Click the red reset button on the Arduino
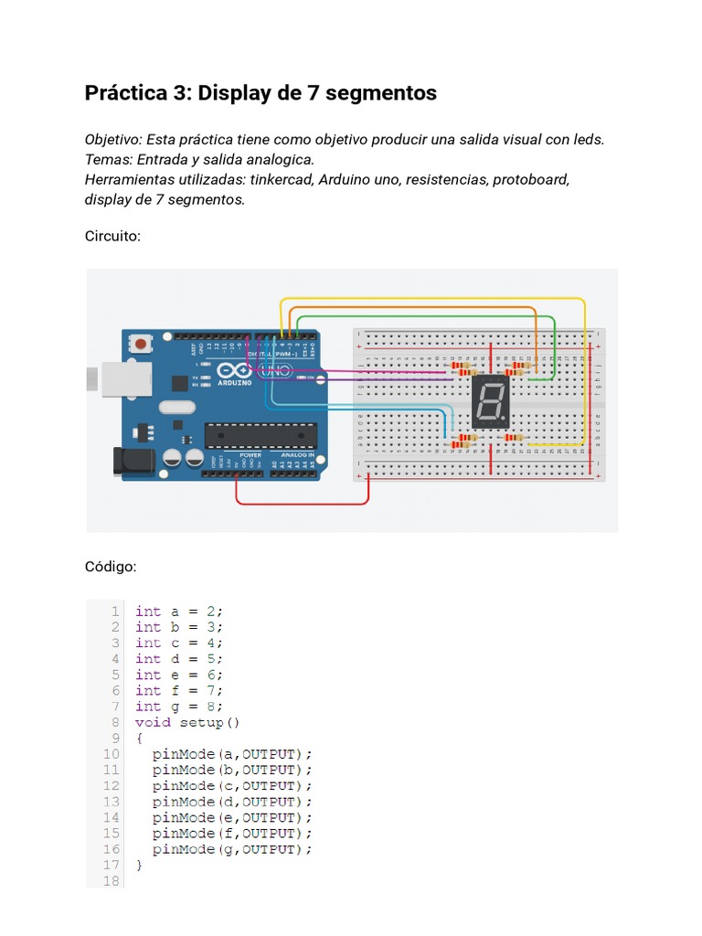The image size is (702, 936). click(142, 344)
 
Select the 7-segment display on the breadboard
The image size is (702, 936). click(490, 401)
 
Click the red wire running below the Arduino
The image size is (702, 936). click(302, 503)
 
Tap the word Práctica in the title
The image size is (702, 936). click(125, 93)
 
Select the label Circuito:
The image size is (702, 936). click(112, 236)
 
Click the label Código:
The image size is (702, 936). click(111, 567)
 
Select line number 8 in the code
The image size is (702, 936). click(115, 722)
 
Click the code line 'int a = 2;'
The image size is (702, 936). click(179, 612)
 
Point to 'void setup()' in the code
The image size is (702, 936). click(187, 722)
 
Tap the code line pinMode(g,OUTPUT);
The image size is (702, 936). click(232, 849)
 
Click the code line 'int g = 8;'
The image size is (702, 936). click(179, 707)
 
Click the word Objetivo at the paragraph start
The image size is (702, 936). click(112, 139)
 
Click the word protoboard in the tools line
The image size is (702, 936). click(531, 179)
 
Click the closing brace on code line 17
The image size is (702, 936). click(139, 865)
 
